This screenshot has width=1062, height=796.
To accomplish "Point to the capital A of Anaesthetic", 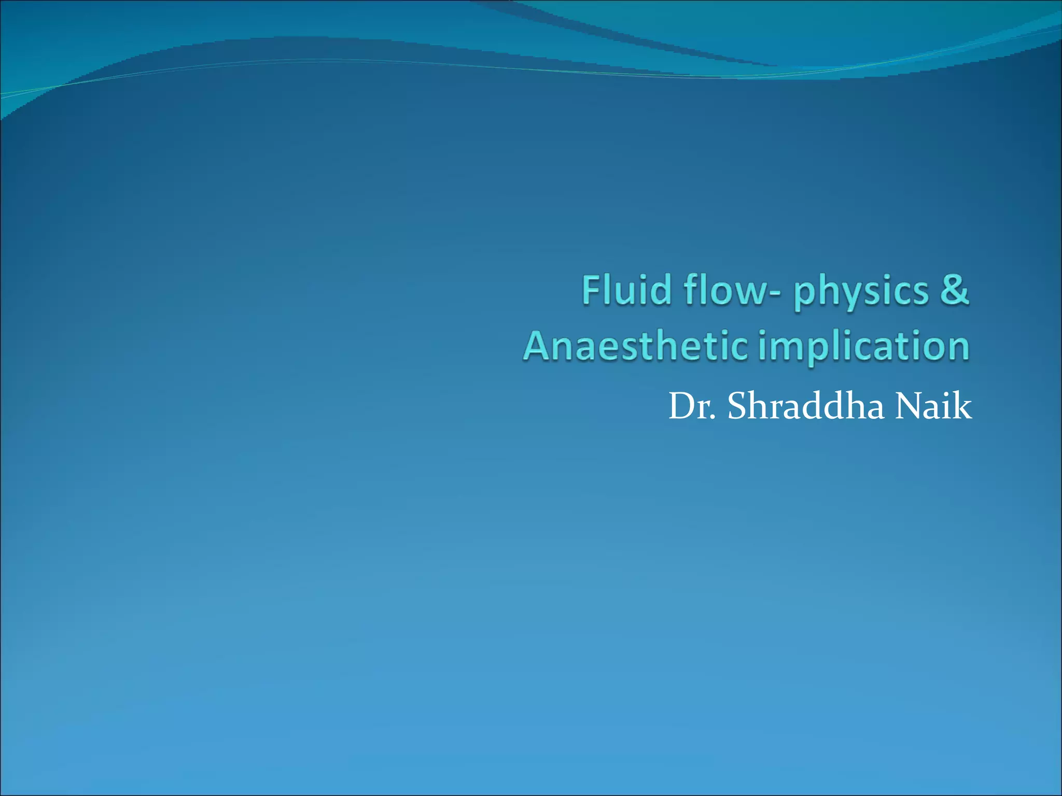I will [538, 346].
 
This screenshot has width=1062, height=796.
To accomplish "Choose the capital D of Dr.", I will [682, 406].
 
